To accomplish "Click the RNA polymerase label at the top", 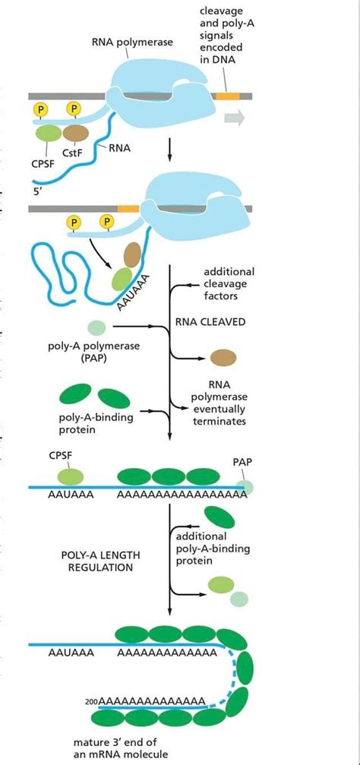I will coord(132,43).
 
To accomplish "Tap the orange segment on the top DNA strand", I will coord(226,96).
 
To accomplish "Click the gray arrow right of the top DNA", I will coord(234,118).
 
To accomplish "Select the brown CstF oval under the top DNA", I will coord(75,133).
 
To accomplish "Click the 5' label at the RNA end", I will coord(38,191).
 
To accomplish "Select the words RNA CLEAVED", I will coord(210,321).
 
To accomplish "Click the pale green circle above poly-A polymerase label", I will coord(96,327).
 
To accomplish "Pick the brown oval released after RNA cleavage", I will coord(223,357).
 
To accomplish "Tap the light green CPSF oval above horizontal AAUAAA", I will coord(71,476).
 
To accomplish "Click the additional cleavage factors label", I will coord(229,283).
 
